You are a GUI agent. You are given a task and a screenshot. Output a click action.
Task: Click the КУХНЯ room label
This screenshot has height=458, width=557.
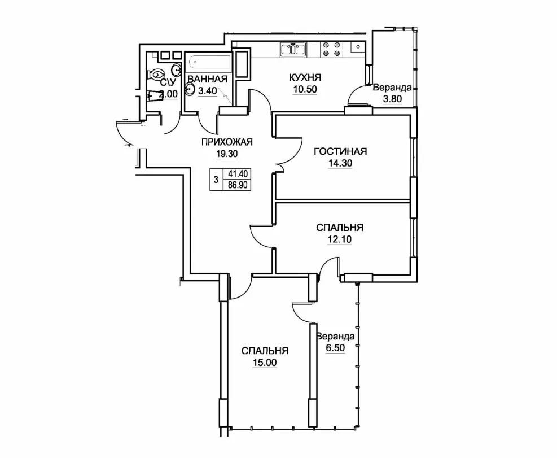[x=305, y=77]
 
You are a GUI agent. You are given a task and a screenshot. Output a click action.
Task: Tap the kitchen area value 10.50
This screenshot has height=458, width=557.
[x=305, y=89]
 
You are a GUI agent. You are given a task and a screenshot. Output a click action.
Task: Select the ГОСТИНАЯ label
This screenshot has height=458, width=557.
[x=340, y=151]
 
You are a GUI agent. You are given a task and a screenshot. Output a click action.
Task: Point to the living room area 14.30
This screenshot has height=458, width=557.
[x=340, y=164]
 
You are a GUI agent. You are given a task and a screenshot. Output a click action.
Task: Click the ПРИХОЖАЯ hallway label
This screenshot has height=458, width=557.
[x=227, y=142]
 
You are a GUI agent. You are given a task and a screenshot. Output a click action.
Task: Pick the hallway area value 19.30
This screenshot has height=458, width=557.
[x=227, y=154]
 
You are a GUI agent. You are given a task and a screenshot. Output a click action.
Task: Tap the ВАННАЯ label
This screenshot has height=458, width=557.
[x=208, y=79]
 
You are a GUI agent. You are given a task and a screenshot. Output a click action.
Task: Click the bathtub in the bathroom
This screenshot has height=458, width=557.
[x=208, y=63]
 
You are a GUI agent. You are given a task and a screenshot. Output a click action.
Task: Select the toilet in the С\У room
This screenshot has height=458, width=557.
[x=156, y=75]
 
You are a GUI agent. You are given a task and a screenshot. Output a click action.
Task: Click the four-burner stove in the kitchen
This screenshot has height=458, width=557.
[x=331, y=50]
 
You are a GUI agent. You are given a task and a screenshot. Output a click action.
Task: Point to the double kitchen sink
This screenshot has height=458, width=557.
[x=293, y=49]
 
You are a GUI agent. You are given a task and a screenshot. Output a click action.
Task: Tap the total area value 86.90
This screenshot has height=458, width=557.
[x=237, y=185]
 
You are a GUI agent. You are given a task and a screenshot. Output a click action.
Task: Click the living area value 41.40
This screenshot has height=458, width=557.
[x=237, y=174]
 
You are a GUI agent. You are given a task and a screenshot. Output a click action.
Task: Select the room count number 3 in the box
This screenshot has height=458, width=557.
[x=216, y=179]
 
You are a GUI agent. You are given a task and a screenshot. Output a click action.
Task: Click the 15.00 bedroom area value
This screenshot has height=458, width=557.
[x=265, y=363]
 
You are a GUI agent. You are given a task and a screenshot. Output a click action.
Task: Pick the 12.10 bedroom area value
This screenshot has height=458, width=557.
[x=339, y=239]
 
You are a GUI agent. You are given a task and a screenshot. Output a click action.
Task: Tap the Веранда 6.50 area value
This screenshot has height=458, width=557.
[x=335, y=347]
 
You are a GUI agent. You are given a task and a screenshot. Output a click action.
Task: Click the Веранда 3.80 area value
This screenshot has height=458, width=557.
[x=392, y=98]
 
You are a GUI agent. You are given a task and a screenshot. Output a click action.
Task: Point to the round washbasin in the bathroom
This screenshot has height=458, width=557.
[x=190, y=89]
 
